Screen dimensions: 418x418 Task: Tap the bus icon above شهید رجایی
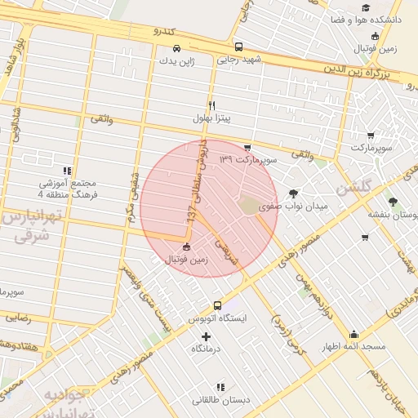pos(238,47)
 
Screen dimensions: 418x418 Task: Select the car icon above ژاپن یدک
pos(177,49)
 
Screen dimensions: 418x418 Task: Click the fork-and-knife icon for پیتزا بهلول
pos(212,105)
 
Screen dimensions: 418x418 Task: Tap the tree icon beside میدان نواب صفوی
pos(293,193)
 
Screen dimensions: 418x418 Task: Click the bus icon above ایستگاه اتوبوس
pos(216,305)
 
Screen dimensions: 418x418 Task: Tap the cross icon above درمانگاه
pos(206,336)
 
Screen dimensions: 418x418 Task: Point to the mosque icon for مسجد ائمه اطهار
pos(354,334)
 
